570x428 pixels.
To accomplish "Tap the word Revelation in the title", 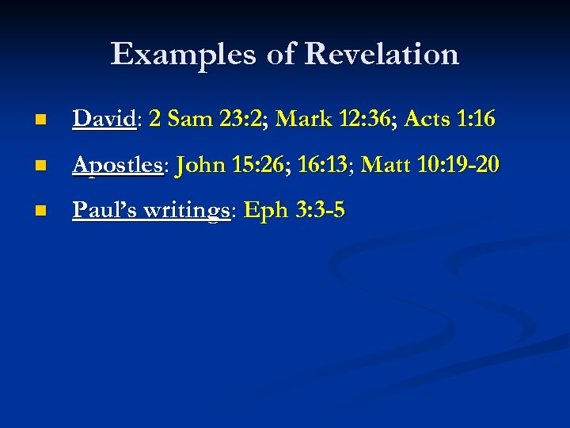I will [381, 55].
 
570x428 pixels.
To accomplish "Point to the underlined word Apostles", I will [117, 166].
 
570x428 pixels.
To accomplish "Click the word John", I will [201, 166].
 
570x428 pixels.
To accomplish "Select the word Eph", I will [268, 212].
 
